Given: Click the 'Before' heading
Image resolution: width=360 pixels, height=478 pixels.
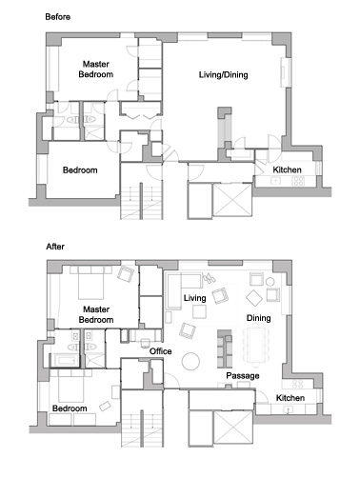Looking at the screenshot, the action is [57, 17].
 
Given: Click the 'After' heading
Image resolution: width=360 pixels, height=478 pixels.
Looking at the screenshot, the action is [55, 247].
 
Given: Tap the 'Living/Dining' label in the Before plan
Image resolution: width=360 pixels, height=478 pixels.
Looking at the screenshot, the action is [223, 75].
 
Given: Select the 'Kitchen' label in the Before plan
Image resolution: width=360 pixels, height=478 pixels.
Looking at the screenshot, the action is [287, 169].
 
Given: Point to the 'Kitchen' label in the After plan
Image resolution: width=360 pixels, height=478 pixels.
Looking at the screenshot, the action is [290, 398].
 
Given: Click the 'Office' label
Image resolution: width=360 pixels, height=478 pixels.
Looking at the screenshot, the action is [160, 351].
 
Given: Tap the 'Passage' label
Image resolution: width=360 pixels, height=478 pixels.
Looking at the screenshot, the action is [243, 376].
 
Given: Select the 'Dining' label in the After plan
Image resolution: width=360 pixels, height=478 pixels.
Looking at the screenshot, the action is [258, 318].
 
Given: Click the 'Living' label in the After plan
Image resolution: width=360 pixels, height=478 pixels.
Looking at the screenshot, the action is [194, 298].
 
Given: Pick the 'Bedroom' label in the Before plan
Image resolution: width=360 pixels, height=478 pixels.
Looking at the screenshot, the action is [80, 170].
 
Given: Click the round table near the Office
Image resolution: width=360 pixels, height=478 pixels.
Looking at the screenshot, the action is [190, 362].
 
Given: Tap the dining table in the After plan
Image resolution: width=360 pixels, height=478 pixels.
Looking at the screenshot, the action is [256, 346].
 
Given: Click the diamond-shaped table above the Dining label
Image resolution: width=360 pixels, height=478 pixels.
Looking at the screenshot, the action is [254, 298].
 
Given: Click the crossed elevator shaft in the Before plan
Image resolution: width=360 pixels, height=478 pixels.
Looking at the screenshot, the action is [232, 200].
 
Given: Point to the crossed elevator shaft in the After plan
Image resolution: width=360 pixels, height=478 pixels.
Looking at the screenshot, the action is [233, 428].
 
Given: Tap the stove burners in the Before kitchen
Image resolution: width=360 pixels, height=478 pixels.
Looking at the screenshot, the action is [298, 181].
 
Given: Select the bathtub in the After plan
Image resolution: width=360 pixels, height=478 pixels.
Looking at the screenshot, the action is [66, 360].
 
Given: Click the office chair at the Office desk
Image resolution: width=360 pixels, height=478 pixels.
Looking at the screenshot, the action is [146, 343].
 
